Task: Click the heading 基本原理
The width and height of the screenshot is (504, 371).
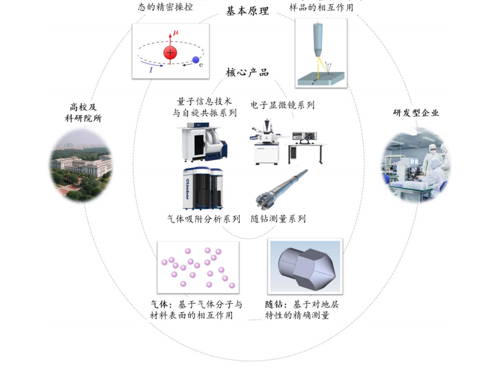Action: [x=248, y=11]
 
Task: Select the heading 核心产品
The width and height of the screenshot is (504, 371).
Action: [x=248, y=72]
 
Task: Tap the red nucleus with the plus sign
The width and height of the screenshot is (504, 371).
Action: [x=170, y=53]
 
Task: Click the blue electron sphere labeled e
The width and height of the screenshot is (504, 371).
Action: [x=196, y=60]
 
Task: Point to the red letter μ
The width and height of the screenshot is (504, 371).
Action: [x=176, y=33]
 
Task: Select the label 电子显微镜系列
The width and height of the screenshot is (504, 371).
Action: [x=282, y=105]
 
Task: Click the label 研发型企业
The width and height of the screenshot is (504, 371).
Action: [x=416, y=113]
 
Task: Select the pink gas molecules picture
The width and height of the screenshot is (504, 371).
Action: [x=198, y=267]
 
